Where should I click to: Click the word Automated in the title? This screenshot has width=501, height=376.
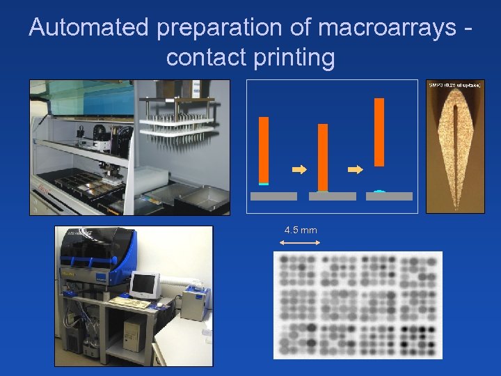tap(88, 28)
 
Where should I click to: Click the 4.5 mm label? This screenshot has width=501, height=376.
tap(301, 230)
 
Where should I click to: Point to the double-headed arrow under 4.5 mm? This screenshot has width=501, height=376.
tap(299, 242)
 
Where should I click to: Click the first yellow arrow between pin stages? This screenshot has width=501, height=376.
tap(299, 169)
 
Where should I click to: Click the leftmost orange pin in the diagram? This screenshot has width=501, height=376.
tap(264, 149)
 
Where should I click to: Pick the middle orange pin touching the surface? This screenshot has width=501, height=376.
tap(323, 157)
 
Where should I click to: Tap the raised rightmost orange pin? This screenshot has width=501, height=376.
tap(379, 132)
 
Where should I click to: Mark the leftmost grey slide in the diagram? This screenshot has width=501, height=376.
tap(273, 196)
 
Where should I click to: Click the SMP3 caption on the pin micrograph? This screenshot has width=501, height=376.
tap(455, 84)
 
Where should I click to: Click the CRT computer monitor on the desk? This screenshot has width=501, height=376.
tap(145, 285)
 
